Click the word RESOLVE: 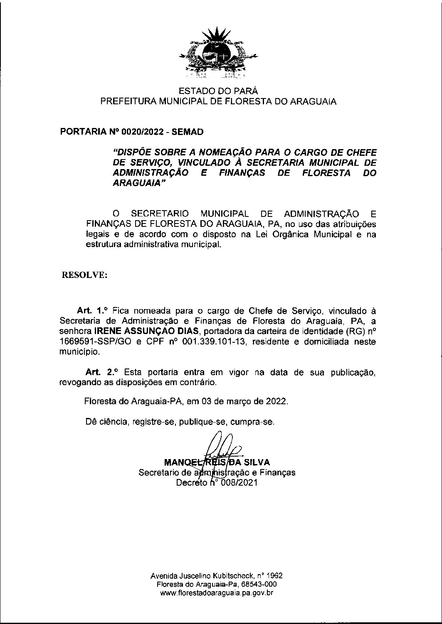84,275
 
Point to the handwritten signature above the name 220,448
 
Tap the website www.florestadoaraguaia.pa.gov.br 217,593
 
